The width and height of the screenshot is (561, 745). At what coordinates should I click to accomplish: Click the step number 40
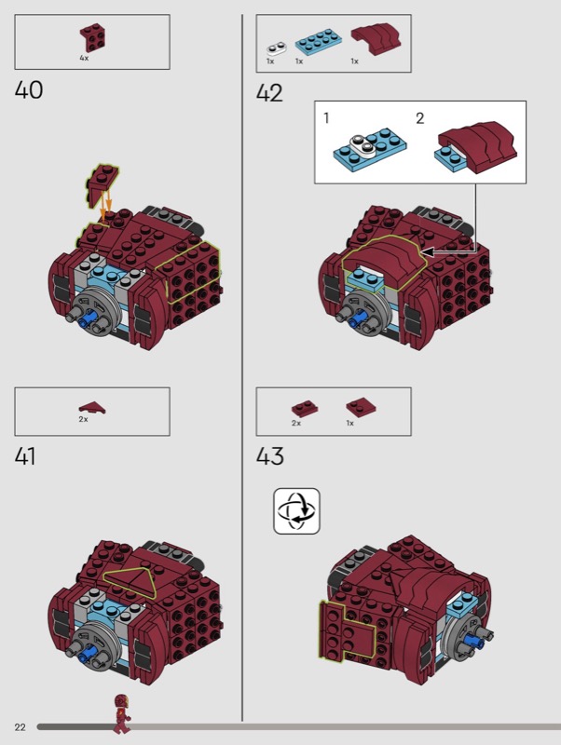click(29, 89)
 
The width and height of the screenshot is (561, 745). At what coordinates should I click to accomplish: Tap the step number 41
click(25, 456)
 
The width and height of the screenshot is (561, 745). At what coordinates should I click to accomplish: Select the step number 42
click(269, 92)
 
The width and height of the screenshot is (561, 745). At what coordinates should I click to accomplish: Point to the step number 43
click(270, 456)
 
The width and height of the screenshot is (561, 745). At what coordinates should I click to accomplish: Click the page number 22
click(20, 727)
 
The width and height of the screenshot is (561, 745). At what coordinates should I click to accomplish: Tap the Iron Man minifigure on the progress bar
click(121, 713)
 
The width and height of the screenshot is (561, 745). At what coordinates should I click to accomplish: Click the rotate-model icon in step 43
click(296, 511)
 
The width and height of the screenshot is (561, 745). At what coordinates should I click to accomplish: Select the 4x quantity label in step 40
click(84, 58)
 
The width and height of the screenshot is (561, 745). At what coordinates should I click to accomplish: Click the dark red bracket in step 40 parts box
click(92, 37)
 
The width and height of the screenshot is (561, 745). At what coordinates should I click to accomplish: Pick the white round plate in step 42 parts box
click(276, 48)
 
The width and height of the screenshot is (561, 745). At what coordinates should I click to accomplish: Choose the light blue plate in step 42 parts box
click(318, 41)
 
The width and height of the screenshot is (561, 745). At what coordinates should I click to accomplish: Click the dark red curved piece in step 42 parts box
click(376, 38)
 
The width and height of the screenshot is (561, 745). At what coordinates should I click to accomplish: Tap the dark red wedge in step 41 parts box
click(92, 408)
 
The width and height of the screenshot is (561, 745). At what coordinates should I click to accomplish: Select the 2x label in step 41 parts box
click(83, 419)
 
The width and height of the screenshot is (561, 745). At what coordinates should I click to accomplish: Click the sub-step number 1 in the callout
click(326, 117)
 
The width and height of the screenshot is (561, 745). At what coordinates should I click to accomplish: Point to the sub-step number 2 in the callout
click(419, 118)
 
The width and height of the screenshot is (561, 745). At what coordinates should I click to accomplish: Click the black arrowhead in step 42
click(427, 251)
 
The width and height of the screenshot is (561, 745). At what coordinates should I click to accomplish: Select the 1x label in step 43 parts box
click(349, 423)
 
